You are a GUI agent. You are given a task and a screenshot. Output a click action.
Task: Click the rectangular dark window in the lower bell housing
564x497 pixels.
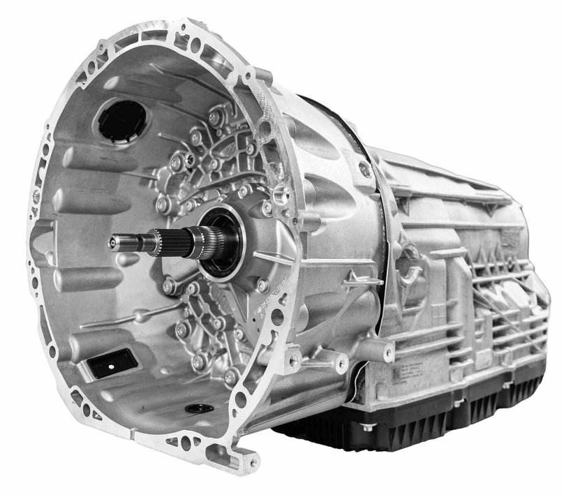coord(112,362)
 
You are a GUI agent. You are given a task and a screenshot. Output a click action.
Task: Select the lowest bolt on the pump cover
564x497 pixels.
coord(230,378)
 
